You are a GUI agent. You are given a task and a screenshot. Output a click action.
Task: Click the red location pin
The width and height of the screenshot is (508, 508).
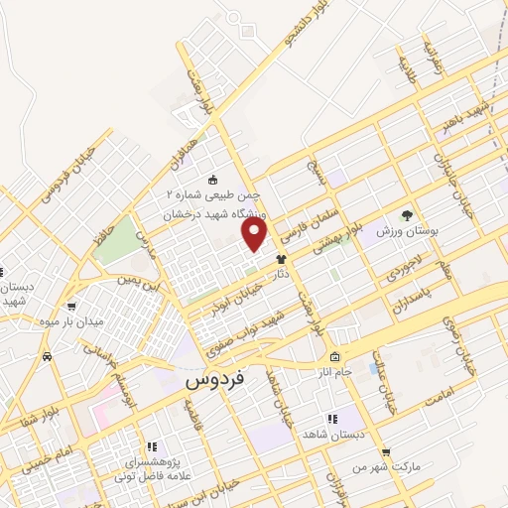pyautogui.click(x=256, y=234)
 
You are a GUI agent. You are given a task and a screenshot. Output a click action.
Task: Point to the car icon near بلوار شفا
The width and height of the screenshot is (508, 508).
pyautogui.click(x=48, y=354)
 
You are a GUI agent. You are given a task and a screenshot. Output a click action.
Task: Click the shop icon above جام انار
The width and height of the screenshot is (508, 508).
pyautogui.click(x=335, y=357)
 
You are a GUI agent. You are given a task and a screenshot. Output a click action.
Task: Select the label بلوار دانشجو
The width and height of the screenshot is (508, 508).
pyautogui.click(x=302, y=28)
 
